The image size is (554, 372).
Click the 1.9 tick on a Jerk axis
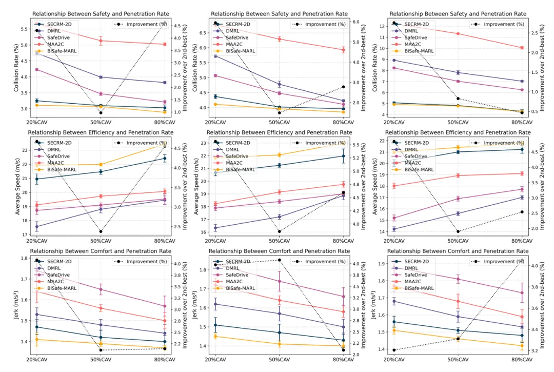[x=384, y=264]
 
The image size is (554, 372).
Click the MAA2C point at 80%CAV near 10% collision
[x=522, y=48]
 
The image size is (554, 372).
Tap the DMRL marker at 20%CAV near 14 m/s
[x=393, y=229]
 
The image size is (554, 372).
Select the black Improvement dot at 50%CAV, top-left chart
[x=101, y=113]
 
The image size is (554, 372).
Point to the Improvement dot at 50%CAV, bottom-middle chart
[x=279, y=260]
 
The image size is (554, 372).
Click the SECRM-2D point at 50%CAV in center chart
[x=279, y=165]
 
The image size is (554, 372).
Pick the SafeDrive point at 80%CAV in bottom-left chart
[x=165, y=306]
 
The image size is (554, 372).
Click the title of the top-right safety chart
[x=458, y=14]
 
